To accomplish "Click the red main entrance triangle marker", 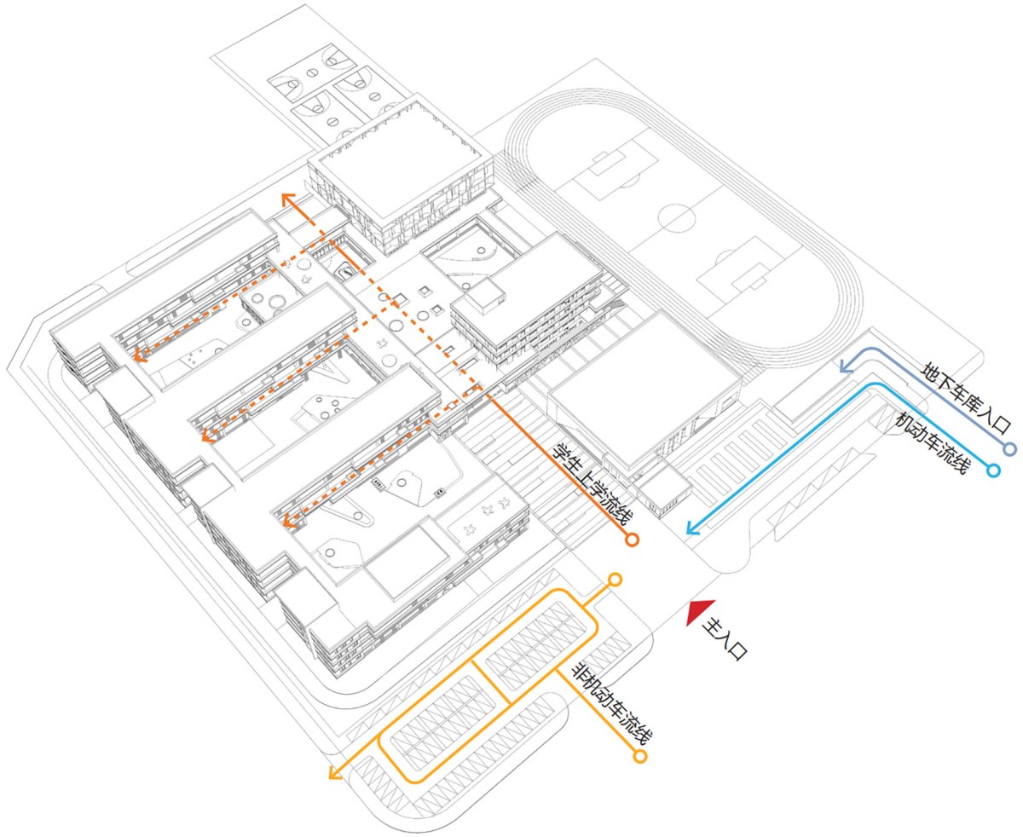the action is pos(697,610).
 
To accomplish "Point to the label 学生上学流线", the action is pos(592,484).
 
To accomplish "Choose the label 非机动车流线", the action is pos(610,704).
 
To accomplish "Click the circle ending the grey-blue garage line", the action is pos(1009,449).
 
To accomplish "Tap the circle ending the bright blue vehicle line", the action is pos(993,470).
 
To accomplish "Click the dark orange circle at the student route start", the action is pos(632,540).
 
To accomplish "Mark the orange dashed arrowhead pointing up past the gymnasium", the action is pos(287,199).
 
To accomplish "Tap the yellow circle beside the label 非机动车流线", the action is pos(640,756).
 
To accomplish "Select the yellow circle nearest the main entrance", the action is pos(615,580).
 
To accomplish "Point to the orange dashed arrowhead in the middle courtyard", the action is pos(208,435).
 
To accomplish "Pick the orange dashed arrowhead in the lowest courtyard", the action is pos(289,521).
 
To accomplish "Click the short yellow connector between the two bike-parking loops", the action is pos(490,682).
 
